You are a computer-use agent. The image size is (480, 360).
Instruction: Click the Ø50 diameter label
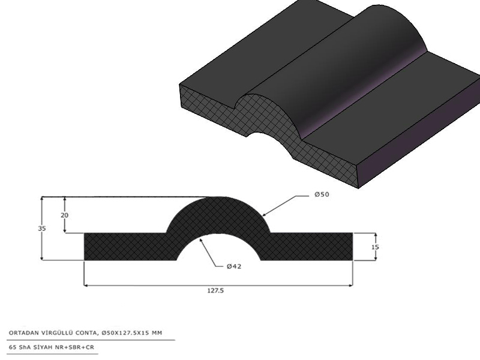[322, 194]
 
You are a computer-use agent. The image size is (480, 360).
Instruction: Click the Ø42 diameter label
[234, 266]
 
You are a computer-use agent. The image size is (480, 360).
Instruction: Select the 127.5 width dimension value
[215, 290]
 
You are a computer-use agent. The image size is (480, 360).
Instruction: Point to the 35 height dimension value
[42, 229]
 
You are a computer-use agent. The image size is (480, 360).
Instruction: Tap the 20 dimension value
[64, 215]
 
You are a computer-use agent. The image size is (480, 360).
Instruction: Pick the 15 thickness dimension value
[376, 247]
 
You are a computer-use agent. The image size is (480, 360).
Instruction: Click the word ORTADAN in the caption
[20, 333]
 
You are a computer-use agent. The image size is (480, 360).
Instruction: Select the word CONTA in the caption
[88, 333]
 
